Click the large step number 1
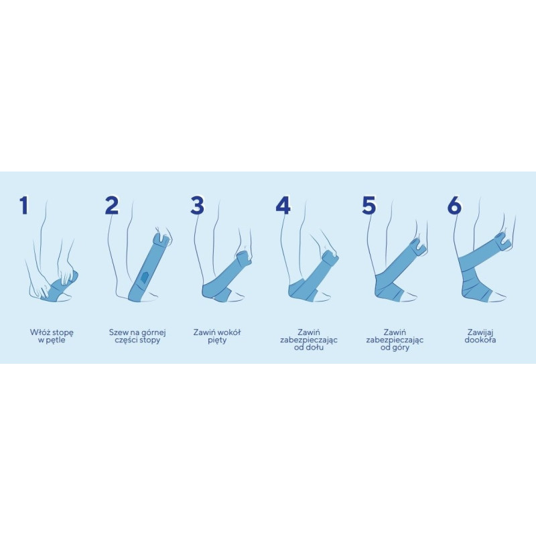pyautogui.click(x=23, y=205)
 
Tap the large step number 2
pyautogui.click(x=112, y=205)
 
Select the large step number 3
pyautogui.click(x=197, y=205)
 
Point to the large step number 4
pyautogui.click(x=283, y=205)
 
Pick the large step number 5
pyautogui.click(x=369, y=205)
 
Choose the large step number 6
pyautogui.click(x=454, y=205)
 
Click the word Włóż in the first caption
pyautogui.click(x=38, y=332)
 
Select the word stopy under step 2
pyautogui.click(x=149, y=340)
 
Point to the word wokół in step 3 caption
pyautogui.click(x=229, y=332)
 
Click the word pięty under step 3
pyautogui.click(x=217, y=340)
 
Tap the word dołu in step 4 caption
pyautogui.click(x=314, y=348)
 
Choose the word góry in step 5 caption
pyautogui.click(x=400, y=348)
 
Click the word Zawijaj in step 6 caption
pyautogui.click(x=480, y=332)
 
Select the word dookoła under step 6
pyautogui.click(x=480, y=340)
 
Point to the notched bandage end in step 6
pyautogui.click(x=503, y=241)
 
